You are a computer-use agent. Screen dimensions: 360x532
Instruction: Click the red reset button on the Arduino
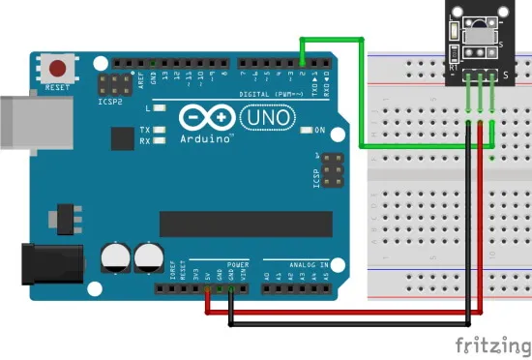(x=59, y=70)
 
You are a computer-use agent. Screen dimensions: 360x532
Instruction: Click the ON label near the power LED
(x=318, y=130)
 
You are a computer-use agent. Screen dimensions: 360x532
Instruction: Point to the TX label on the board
(x=144, y=129)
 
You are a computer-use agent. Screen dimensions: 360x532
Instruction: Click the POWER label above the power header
(x=238, y=262)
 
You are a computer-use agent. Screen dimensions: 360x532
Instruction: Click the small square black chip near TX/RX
(x=122, y=139)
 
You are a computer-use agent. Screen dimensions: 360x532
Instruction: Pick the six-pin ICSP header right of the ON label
(x=332, y=170)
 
